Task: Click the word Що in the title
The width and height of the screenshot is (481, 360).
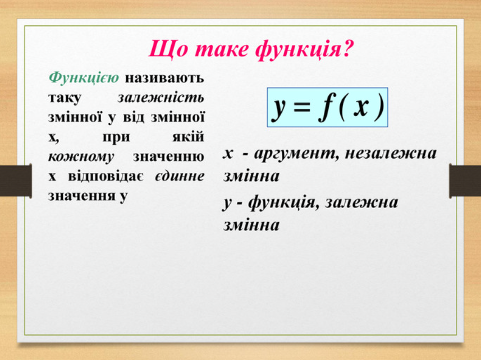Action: click(167, 49)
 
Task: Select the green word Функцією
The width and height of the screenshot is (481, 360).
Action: click(84, 79)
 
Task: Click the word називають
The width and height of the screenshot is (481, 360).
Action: click(164, 79)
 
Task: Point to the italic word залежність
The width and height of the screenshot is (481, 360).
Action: click(161, 98)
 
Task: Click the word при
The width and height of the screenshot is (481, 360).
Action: click(116, 137)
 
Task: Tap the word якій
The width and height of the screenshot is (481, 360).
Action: click(188, 136)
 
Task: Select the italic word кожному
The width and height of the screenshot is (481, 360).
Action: click(81, 157)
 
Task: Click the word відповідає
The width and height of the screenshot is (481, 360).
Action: click(106, 177)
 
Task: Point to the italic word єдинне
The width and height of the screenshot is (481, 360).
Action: click(180, 177)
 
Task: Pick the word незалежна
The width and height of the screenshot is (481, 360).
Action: click(391, 153)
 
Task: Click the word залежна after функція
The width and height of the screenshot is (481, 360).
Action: click(361, 202)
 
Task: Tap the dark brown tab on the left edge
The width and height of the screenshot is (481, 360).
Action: click(16, 181)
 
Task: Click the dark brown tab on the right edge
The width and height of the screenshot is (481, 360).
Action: click(465, 181)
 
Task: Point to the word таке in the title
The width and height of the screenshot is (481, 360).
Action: click(221, 49)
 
